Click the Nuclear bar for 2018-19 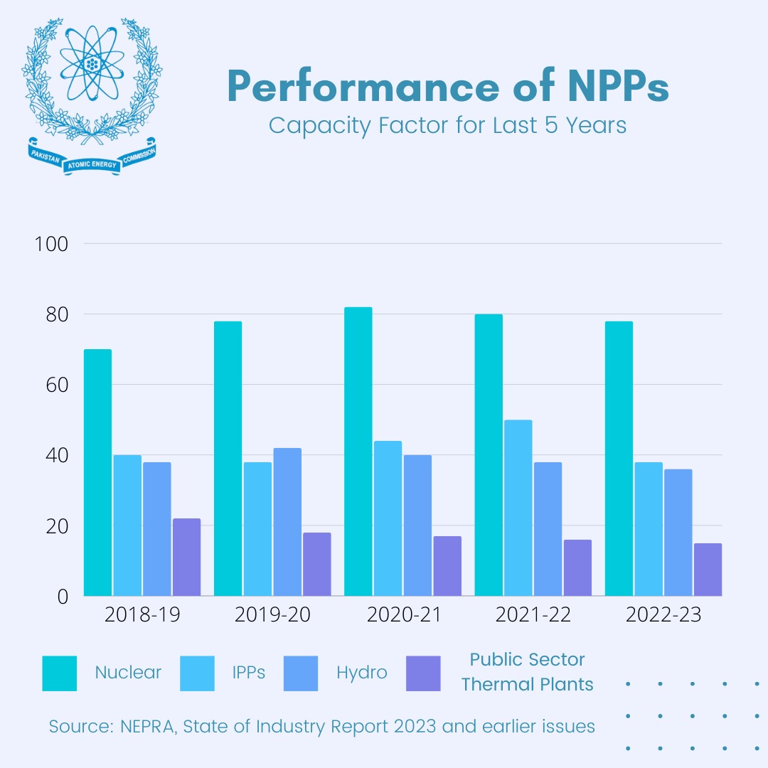(x=97, y=473)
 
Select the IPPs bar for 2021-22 (x=518, y=508)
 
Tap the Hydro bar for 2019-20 (x=287, y=523)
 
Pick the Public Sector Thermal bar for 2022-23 (x=708, y=570)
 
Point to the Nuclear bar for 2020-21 (x=358, y=452)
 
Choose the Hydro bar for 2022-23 (x=678, y=533)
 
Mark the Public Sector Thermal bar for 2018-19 (x=186, y=558)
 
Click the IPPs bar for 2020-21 (x=388, y=519)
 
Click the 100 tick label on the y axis (x=51, y=244)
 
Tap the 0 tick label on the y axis (x=62, y=597)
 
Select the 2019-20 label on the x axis (x=272, y=615)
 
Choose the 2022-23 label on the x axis (x=663, y=615)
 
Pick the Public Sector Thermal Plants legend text (x=527, y=672)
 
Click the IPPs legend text (x=248, y=673)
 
